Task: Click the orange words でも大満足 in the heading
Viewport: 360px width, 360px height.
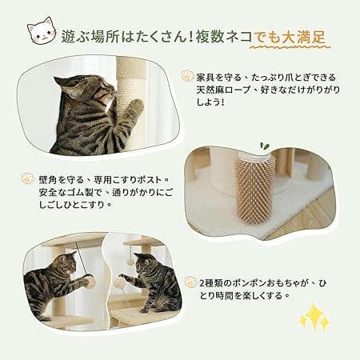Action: [x=290, y=36]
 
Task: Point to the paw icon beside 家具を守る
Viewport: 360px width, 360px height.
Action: [x=187, y=77]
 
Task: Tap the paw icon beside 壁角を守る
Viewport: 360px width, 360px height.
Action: [x=28, y=178]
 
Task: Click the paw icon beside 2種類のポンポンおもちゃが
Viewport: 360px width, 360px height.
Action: [x=191, y=282]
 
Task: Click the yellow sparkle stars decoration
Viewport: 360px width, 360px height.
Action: [x=314, y=318]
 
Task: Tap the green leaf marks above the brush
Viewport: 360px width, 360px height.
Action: [x=242, y=146]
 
